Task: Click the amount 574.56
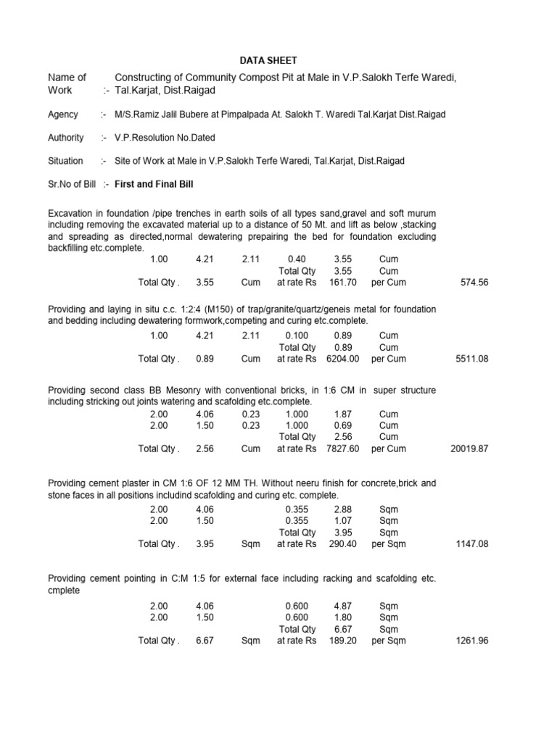pyautogui.click(x=474, y=283)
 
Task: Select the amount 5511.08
pyautogui.click(x=472, y=359)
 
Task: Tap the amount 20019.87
pyautogui.click(x=469, y=449)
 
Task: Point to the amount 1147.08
pyautogui.click(x=472, y=544)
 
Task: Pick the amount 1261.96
pyautogui.click(x=472, y=641)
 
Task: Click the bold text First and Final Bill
pyautogui.click(x=154, y=184)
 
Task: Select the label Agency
pyautogui.click(x=64, y=114)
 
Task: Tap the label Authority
pyautogui.click(x=66, y=138)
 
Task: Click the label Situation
pyautogui.click(x=65, y=161)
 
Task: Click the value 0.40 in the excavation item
pyautogui.click(x=297, y=259)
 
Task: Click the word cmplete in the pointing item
pyautogui.click(x=64, y=590)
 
